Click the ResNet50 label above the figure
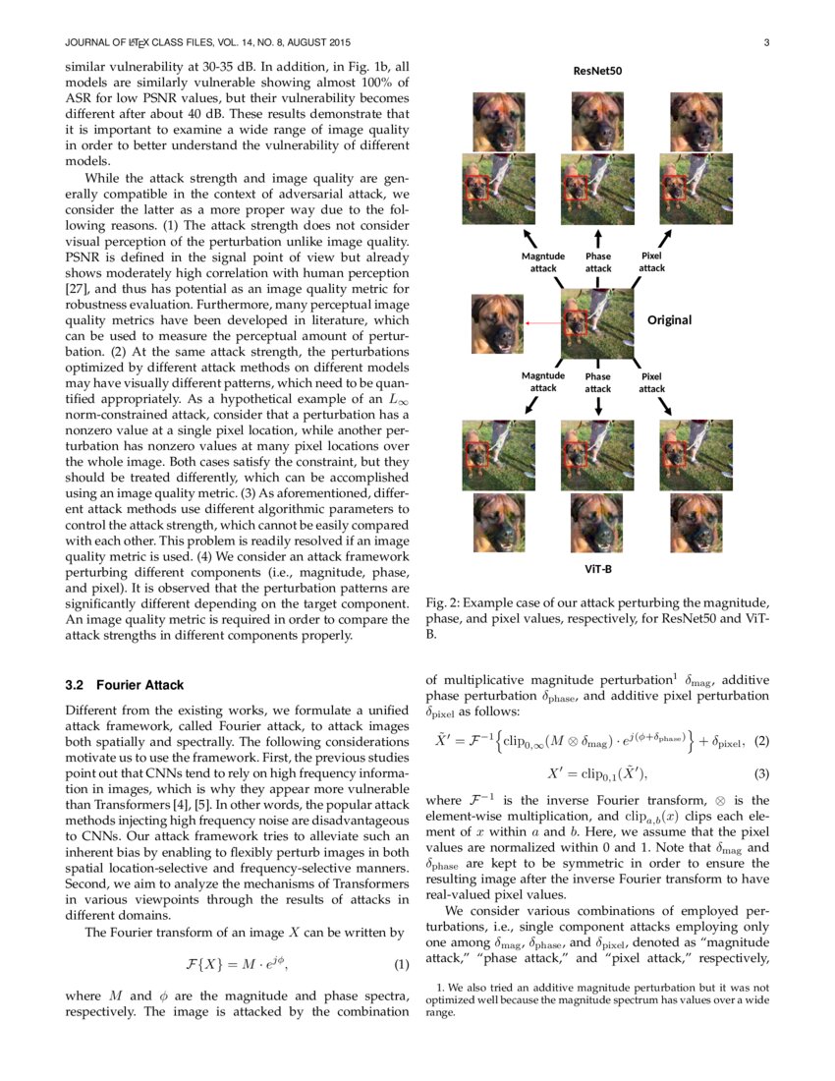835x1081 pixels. (x=597, y=71)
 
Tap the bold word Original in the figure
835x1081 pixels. (x=669, y=320)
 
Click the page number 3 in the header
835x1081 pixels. (x=765, y=42)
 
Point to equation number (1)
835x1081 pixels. (x=400, y=963)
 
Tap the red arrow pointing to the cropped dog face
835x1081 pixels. (x=542, y=322)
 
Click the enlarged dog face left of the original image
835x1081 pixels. (x=497, y=323)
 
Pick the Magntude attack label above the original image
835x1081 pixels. (x=543, y=262)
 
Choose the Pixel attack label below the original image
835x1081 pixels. (x=651, y=382)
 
